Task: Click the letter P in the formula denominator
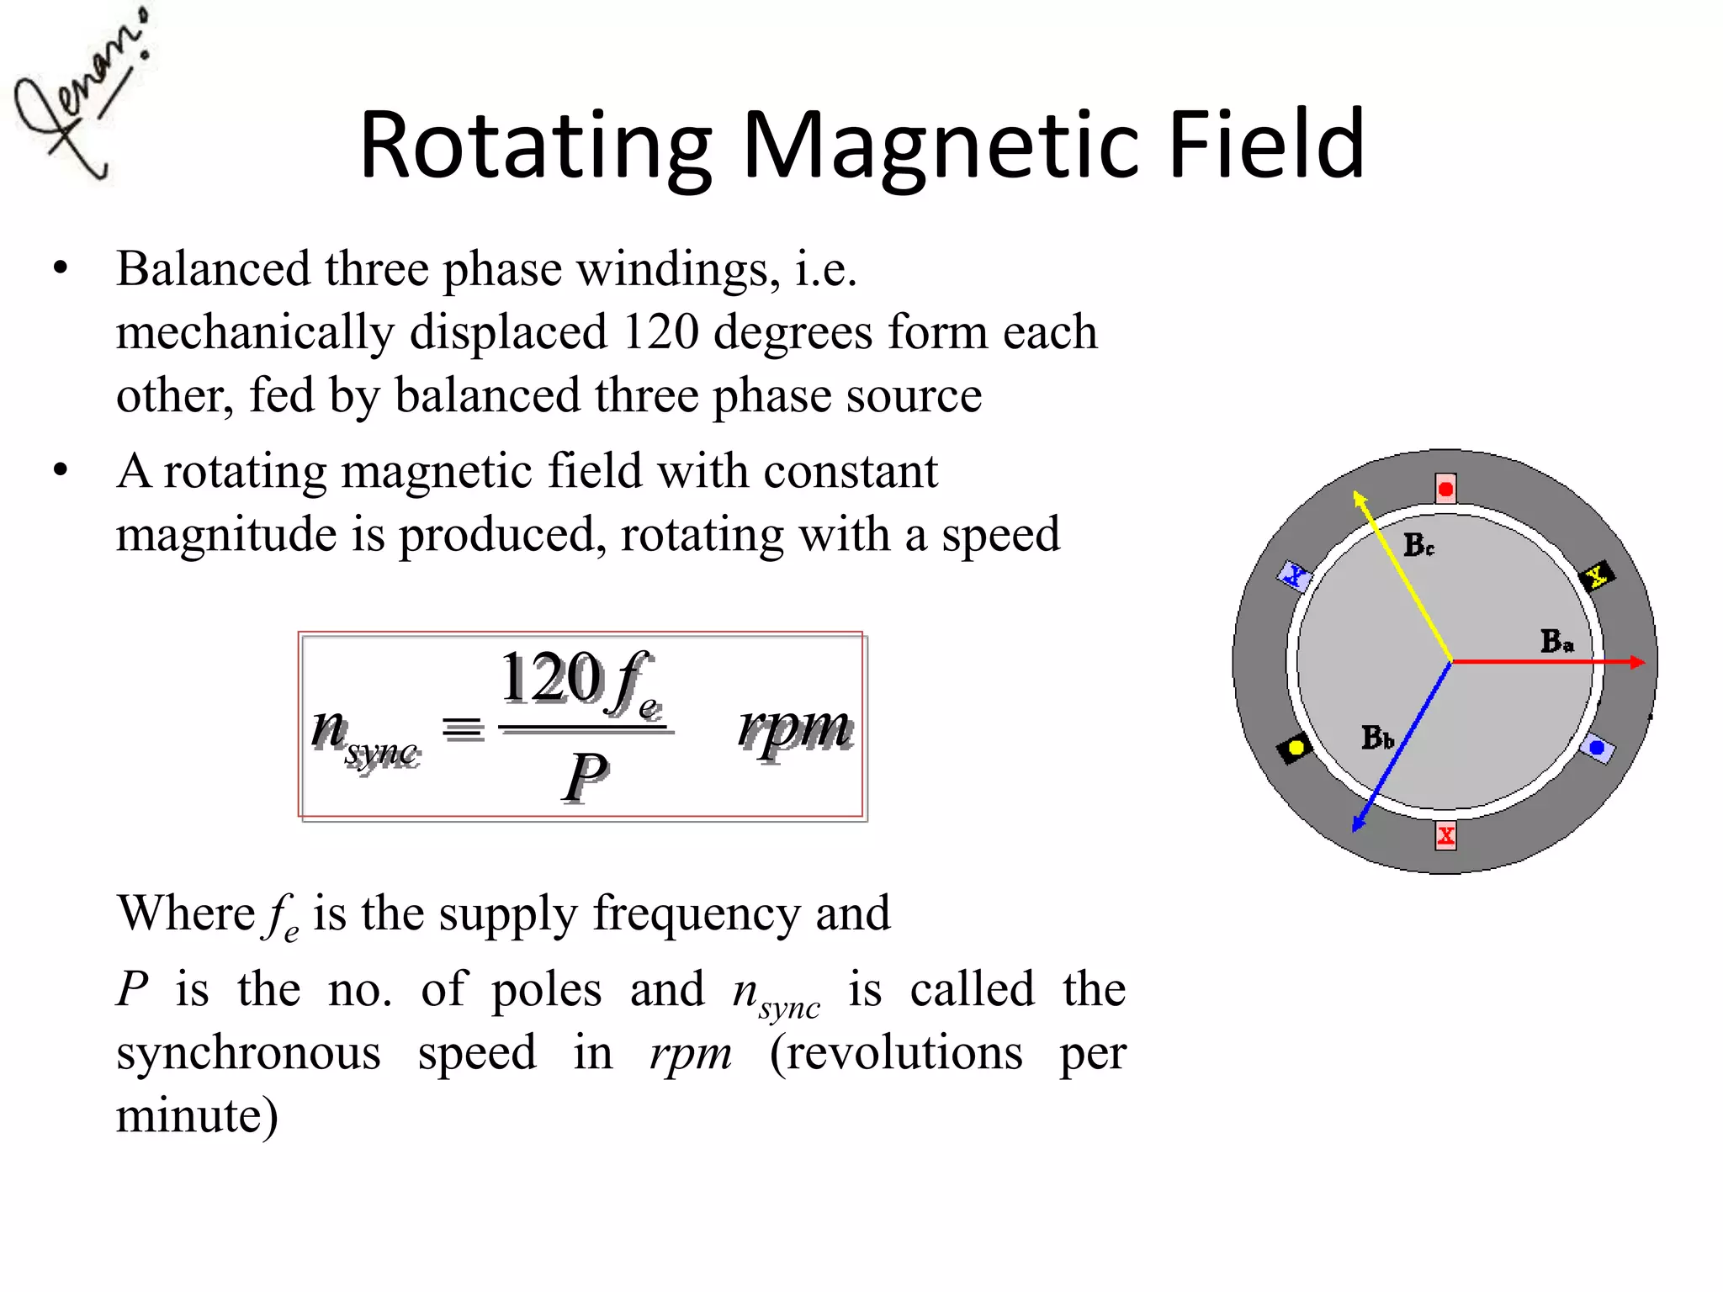585,777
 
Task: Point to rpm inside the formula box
794,727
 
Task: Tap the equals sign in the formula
463,728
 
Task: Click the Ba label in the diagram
1556,642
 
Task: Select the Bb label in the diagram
1377,738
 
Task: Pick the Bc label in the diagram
1418,545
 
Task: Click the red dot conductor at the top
1445,489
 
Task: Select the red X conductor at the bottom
1445,836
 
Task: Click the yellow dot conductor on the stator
1296,748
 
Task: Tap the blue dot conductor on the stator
1596,747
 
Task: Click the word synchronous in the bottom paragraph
248,1052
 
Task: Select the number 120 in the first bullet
660,331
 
